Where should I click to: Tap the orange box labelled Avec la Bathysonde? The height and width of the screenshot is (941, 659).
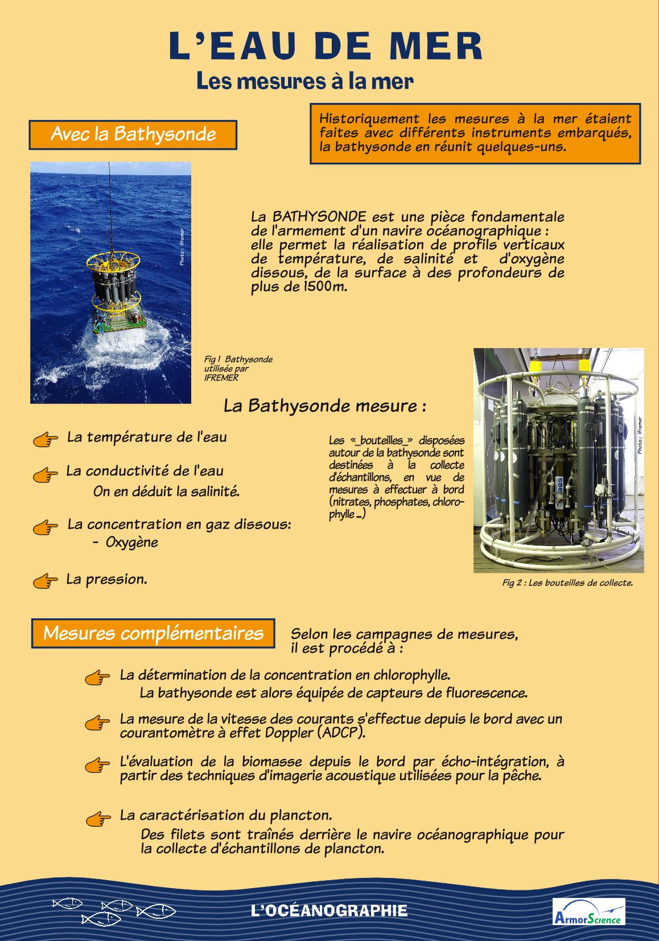133,134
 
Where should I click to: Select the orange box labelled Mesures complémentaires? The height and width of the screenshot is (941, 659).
153,633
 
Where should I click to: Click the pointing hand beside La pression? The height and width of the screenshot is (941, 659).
46,581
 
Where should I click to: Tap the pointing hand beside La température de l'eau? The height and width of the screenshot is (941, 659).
46,439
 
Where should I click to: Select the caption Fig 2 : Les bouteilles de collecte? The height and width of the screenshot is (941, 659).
567,583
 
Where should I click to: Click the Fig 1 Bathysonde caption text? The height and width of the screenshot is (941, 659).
238,368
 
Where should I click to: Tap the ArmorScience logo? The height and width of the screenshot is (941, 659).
588,911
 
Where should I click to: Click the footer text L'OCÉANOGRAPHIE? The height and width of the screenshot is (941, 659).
329,910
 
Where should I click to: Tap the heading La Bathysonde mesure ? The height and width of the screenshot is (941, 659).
325,406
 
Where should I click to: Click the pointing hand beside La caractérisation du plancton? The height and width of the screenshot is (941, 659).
97,818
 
